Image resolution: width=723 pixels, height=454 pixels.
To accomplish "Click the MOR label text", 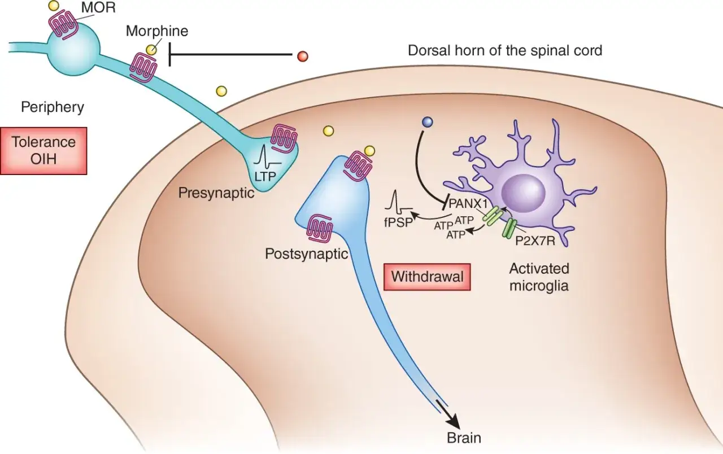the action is click(x=98, y=7).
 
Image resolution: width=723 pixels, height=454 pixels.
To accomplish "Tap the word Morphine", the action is click(x=157, y=31).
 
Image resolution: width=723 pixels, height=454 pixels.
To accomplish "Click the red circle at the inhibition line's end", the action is click(x=302, y=56).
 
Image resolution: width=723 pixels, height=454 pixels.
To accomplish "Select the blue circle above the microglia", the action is click(x=428, y=123).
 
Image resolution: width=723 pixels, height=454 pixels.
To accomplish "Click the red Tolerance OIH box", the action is click(x=43, y=151).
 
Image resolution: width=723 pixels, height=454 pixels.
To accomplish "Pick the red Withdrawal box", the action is click(x=427, y=277).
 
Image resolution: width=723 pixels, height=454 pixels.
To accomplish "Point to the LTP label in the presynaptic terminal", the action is click(x=265, y=176).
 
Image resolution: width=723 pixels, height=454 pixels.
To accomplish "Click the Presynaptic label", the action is click(x=216, y=193).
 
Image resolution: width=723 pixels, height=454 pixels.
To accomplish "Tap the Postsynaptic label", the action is click(x=307, y=254).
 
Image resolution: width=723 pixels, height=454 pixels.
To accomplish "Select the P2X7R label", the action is click(x=535, y=241).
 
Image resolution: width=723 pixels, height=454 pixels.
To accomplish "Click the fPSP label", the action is click(x=399, y=222).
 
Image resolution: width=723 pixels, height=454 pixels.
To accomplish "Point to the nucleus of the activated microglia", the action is click(x=523, y=193).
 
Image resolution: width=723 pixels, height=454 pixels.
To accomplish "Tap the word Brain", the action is click(x=464, y=438).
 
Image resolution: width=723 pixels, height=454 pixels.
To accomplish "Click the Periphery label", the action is click(x=53, y=107).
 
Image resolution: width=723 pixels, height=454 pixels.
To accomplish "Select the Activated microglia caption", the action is click(x=539, y=277).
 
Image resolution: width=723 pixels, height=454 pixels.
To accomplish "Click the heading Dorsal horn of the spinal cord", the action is click(x=505, y=51).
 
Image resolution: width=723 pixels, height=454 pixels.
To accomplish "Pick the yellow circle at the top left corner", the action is click(x=54, y=6).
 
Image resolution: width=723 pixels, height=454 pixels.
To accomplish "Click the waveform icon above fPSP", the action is click(x=398, y=204).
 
